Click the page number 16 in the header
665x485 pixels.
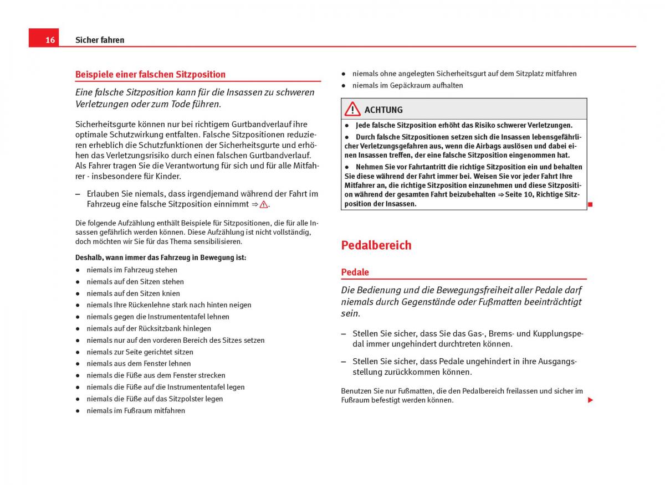click(x=50, y=40)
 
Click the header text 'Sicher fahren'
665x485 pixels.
click(x=100, y=40)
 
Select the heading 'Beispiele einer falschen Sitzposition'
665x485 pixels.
click(x=150, y=74)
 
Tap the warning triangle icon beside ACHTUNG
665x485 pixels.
click(x=352, y=109)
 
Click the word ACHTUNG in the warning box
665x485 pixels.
click(x=383, y=110)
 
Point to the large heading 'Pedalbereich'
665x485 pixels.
click(x=376, y=245)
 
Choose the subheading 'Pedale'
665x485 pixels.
click(x=355, y=272)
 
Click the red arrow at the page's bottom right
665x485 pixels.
click(x=590, y=400)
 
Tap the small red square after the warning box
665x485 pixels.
click(x=590, y=205)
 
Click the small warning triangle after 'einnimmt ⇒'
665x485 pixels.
click(x=263, y=204)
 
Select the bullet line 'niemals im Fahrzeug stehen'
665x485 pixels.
click(x=132, y=270)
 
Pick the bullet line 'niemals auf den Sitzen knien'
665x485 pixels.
click(x=133, y=293)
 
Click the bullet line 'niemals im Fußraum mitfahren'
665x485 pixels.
click(x=136, y=411)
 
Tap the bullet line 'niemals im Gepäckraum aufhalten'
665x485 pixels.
click(x=407, y=85)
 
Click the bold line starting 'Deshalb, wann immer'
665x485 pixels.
click(x=161, y=257)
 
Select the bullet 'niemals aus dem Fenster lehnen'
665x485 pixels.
click(x=139, y=364)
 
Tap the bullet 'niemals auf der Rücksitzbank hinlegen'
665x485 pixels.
click(x=149, y=328)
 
